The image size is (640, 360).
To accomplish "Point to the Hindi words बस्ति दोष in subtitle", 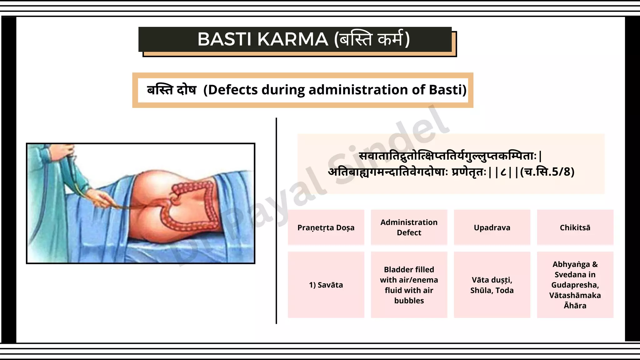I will [x=172, y=90].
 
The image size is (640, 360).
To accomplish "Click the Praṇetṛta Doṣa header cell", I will [x=326, y=227].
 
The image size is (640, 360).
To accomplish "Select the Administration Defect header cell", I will [x=409, y=227].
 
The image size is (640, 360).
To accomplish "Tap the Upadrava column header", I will [x=492, y=227].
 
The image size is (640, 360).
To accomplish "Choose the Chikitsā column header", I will [x=575, y=227].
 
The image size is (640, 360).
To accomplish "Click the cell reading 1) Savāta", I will [x=326, y=285].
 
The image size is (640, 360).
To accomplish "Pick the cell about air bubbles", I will [x=409, y=285].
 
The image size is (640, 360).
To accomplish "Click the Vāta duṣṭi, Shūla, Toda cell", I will [x=492, y=285].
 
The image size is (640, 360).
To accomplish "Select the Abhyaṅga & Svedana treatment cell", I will [x=575, y=285].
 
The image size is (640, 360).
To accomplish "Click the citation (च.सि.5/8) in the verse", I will [x=547, y=172].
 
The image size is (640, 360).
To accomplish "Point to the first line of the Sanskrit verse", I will [x=450, y=156].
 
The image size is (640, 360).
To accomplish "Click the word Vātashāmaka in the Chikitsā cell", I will [x=575, y=295].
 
